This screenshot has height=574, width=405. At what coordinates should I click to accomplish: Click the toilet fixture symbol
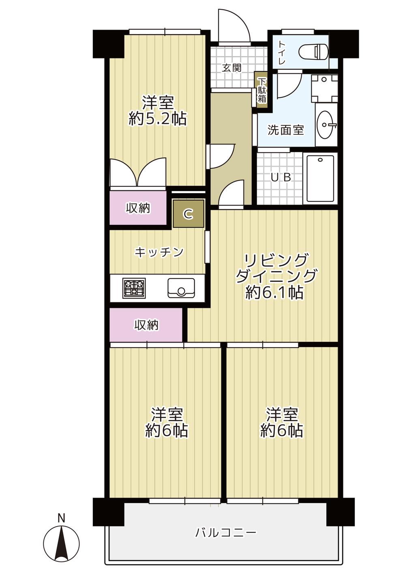pos(313,52)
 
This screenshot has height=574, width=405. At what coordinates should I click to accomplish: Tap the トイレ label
pos(282,53)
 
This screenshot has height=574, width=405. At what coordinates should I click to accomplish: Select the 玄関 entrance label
pos(232,68)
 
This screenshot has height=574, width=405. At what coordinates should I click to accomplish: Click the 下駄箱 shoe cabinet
pos(262,90)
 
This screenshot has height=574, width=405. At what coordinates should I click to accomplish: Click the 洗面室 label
pos(285,130)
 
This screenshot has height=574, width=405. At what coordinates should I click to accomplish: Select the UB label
pos(281,177)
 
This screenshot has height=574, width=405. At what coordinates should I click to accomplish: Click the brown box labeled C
pos(188,214)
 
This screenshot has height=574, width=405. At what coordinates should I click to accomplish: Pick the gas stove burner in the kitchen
pos(134,288)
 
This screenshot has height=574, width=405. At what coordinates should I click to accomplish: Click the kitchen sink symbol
pos(181,288)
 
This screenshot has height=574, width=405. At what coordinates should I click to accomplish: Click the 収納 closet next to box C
pos(138,208)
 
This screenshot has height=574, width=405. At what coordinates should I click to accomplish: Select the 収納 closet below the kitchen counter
pos(146,325)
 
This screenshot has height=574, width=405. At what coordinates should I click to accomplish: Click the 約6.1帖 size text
pos(274,292)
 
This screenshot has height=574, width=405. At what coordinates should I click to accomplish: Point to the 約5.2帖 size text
pos(158,119)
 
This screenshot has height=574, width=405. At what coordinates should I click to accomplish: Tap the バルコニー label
pos(226,532)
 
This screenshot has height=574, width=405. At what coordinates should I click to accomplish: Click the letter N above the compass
pos(61,518)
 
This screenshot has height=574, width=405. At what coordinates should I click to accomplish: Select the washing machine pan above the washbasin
pos(324,88)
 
